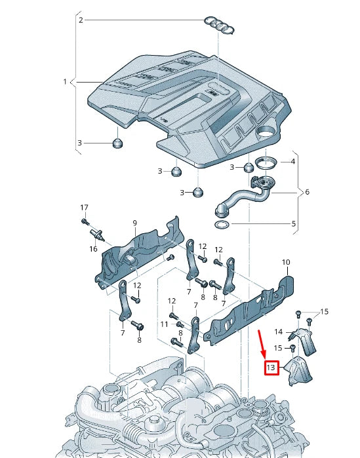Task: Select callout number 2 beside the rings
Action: pos(81,20)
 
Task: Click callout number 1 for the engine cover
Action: pos(65,82)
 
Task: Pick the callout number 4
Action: pos(293,161)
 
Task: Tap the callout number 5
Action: pos(293,223)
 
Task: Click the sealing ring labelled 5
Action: pos(223,225)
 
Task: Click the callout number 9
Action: pos(134,223)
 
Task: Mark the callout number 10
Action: pos(285,262)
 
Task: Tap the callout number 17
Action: pos(84,208)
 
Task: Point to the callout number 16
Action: pos(93,249)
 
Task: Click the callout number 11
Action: pos(165,324)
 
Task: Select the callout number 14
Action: pos(278,332)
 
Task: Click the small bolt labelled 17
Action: pos(86,221)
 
